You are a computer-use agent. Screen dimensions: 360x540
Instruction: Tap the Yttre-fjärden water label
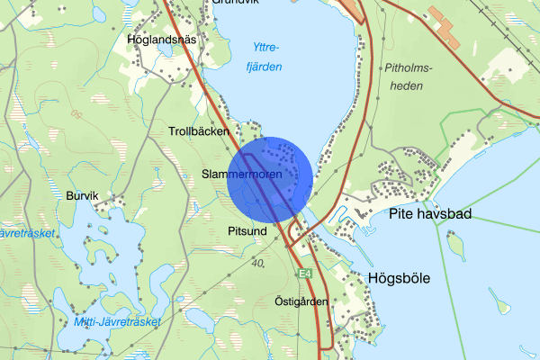(265, 58)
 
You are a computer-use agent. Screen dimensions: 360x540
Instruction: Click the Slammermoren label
(242, 174)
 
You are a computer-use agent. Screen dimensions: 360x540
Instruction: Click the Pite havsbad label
(430, 214)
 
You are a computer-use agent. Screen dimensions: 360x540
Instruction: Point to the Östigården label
(301, 301)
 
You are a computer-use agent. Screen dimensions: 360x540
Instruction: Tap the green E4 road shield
(305, 273)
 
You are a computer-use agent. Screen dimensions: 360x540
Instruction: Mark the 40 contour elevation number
(258, 264)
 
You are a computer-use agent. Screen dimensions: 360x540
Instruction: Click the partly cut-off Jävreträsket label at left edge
(27, 233)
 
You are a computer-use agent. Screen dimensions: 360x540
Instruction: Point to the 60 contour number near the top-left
(77, 113)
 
